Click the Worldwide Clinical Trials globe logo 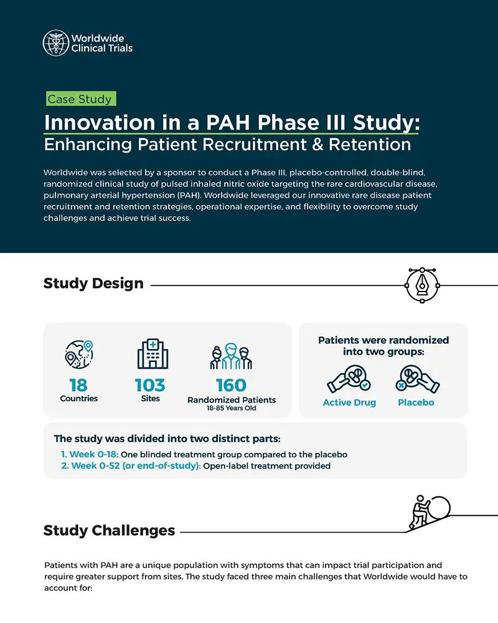coord(56,43)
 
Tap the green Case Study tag coord(81,98)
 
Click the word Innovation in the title coord(99,122)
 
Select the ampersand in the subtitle coord(317,145)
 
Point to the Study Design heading coord(93,283)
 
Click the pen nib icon coord(422,285)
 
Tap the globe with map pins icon coord(79,354)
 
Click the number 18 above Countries coord(78,385)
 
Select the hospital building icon coord(153,354)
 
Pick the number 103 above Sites coord(150,385)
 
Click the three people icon coord(231,356)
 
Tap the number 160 coord(231,386)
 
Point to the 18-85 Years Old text coord(231,408)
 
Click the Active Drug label coord(349,402)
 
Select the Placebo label coord(416,402)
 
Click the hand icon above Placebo coord(418,379)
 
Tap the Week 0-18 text coord(94,454)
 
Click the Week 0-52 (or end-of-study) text coord(136,465)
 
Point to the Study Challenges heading coord(109,530)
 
